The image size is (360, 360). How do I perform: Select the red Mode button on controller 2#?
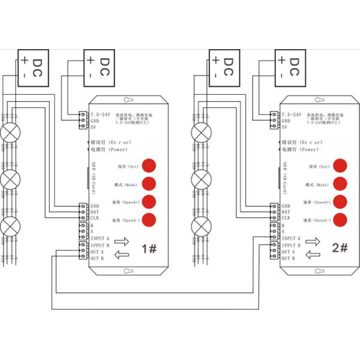tap(340, 184)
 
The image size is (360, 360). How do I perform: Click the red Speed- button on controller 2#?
tap(340, 220)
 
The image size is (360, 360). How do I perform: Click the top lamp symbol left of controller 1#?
tap(11, 131)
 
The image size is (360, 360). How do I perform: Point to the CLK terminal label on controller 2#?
tap(286, 218)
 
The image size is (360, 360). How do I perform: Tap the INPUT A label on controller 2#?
tap(292, 238)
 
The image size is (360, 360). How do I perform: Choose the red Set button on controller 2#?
tap(340, 166)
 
